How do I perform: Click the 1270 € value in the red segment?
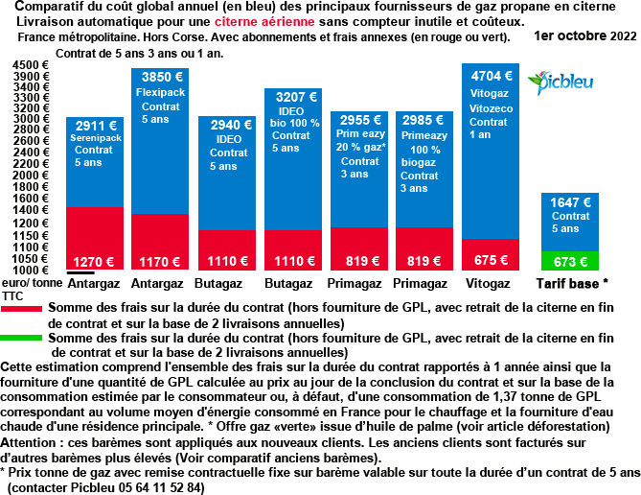[x=94, y=261]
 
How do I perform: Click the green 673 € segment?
[x=569, y=261]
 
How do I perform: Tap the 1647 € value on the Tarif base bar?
[x=570, y=201]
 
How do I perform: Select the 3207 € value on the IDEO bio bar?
[x=294, y=97]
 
